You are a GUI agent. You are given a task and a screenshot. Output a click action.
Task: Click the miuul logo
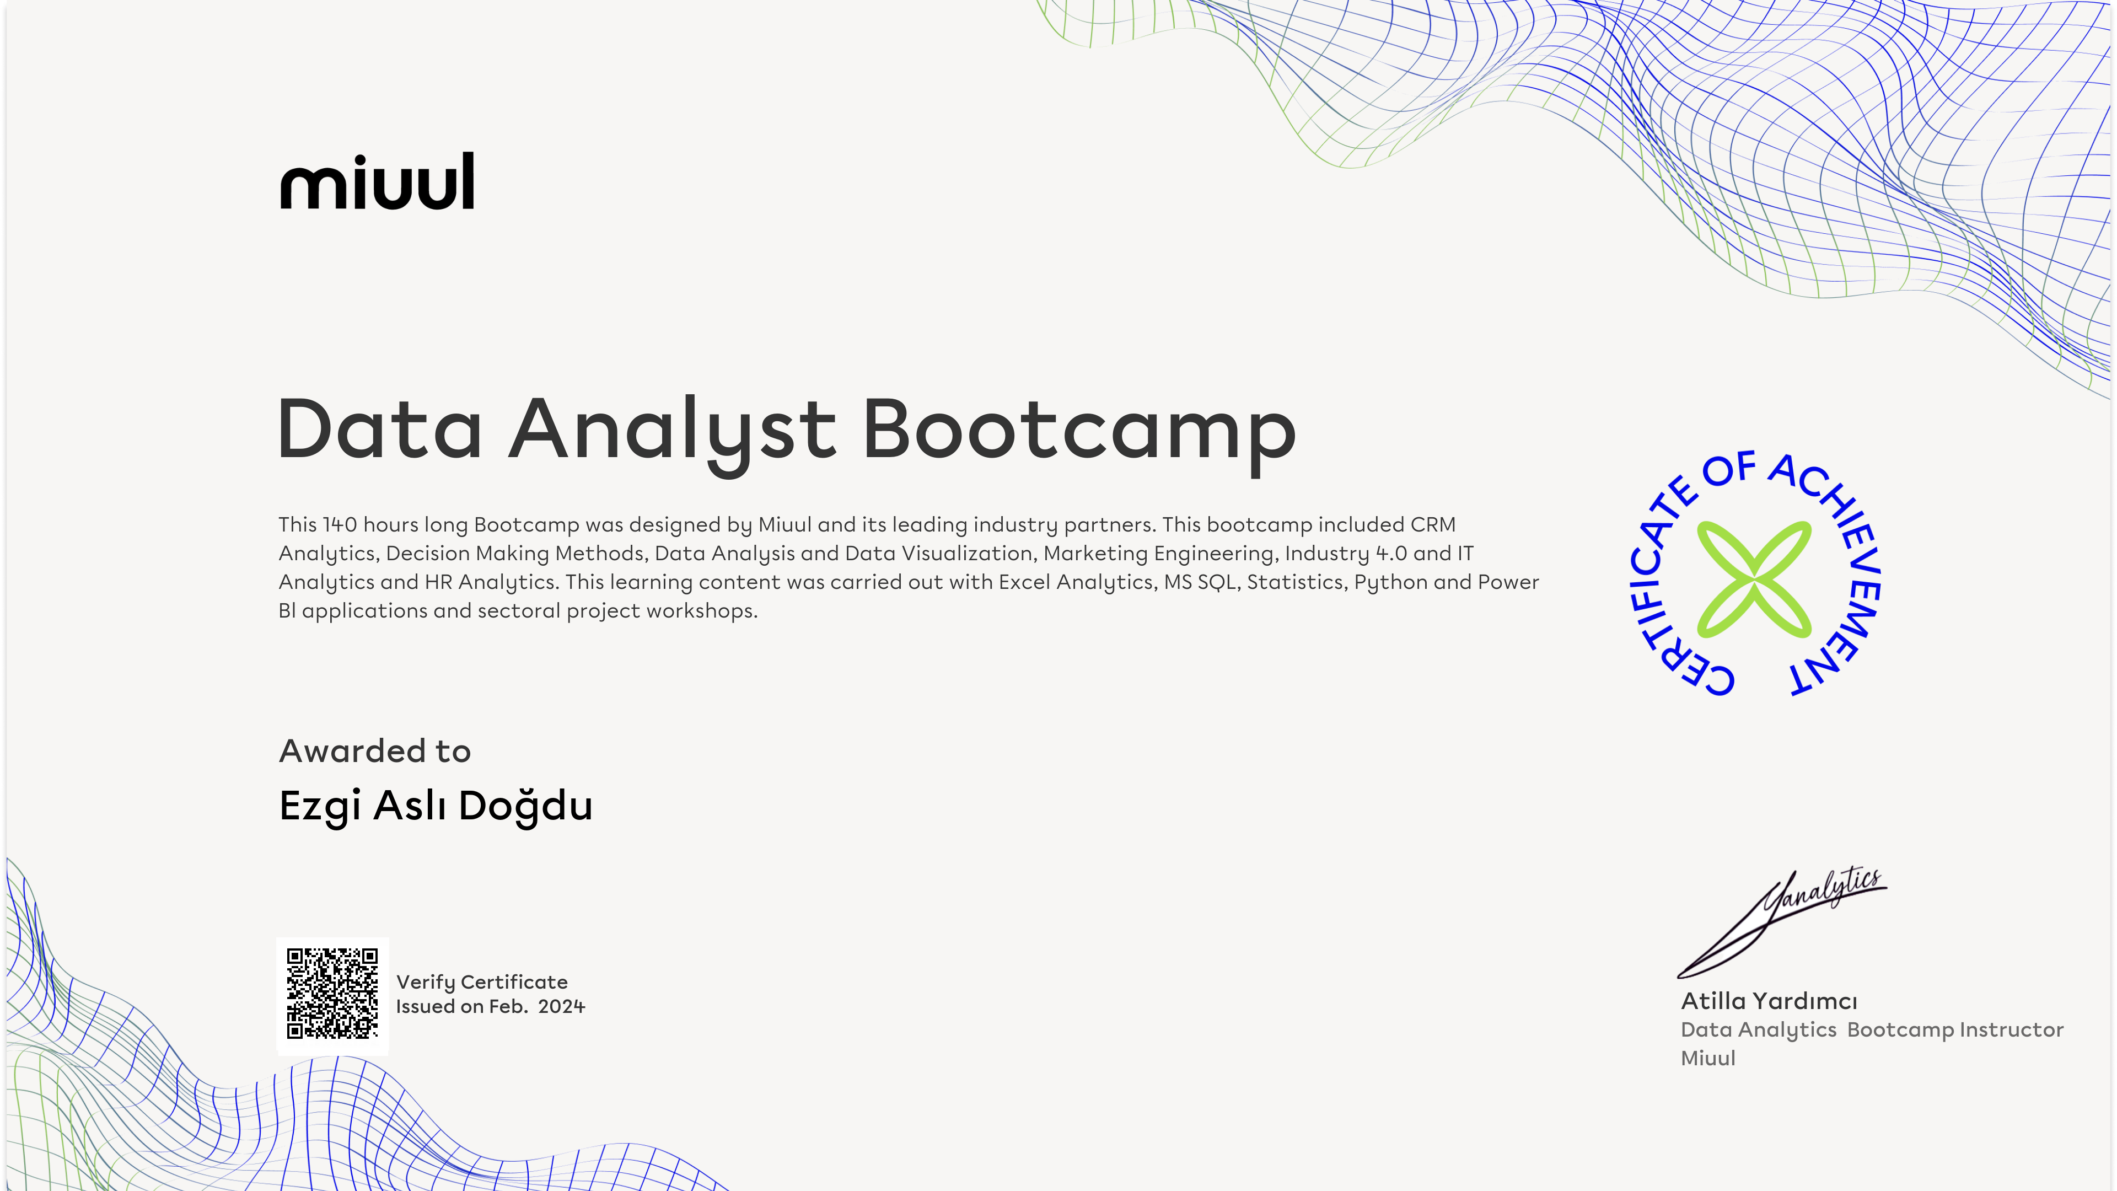pyautogui.click(x=377, y=181)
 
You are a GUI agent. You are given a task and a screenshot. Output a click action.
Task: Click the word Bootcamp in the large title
pyautogui.click(x=1079, y=431)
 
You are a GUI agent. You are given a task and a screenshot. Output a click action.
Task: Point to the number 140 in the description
pyautogui.click(x=340, y=524)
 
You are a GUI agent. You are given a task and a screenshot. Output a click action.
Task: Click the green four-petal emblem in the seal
pyautogui.click(x=1754, y=580)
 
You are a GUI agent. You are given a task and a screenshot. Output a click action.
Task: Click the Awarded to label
pyautogui.click(x=375, y=751)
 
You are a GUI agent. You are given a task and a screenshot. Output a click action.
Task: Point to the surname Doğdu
pyautogui.click(x=525, y=806)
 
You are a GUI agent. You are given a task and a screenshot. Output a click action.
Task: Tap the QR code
pyautogui.click(x=332, y=993)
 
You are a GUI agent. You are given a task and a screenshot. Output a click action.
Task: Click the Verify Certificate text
pyautogui.click(x=482, y=982)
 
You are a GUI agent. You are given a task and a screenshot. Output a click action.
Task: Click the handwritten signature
pyautogui.click(x=1782, y=922)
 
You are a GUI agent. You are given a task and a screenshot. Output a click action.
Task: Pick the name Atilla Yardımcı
pyautogui.click(x=1769, y=1001)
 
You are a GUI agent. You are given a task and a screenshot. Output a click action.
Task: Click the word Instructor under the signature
pyautogui.click(x=2011, y=1030)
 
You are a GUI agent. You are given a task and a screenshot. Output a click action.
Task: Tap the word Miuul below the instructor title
pyautogui.click(x=1708, y=1059)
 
